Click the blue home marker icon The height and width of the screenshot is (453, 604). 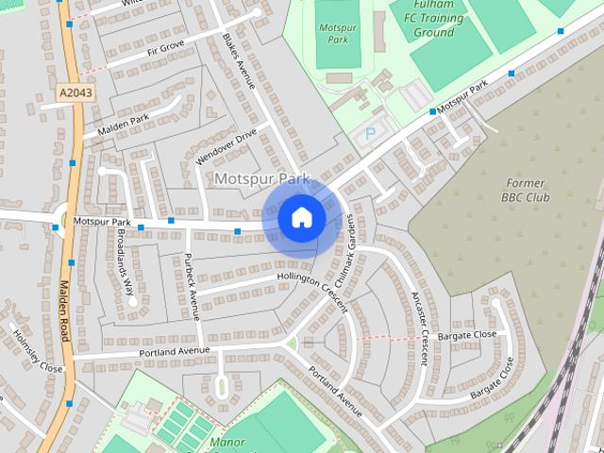302,218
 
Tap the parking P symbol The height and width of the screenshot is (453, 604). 369,135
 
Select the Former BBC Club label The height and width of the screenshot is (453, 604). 526,190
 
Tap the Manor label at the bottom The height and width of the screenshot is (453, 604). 227,442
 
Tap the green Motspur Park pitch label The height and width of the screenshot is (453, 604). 331,34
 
